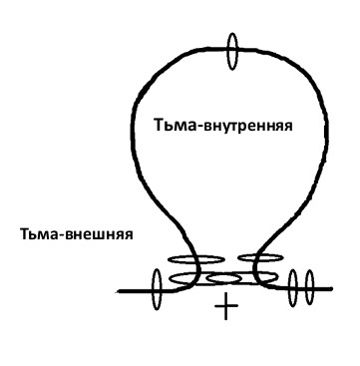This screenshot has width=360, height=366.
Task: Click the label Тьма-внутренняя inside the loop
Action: click(x=223, y=126)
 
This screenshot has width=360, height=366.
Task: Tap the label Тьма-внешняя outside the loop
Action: click(x=77, y=234)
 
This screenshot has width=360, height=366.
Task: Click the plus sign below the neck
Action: click(x=226, y=307)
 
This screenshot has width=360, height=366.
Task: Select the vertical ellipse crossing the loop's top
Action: click(x=232, y=51)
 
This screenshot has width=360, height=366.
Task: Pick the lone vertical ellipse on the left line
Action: click(x=157, y=289)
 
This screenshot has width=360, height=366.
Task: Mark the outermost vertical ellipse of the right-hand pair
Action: click(x=309, y=287)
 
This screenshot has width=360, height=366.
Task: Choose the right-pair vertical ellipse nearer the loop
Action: click(x=292, y=288)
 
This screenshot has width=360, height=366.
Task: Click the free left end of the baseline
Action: click(x=117, y=291)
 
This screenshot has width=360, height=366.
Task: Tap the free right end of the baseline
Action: click(x=331, y=289)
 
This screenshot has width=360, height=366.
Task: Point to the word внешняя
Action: click(x=99, y=234)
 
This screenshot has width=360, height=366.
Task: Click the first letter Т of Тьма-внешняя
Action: click(x=25, y=234)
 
